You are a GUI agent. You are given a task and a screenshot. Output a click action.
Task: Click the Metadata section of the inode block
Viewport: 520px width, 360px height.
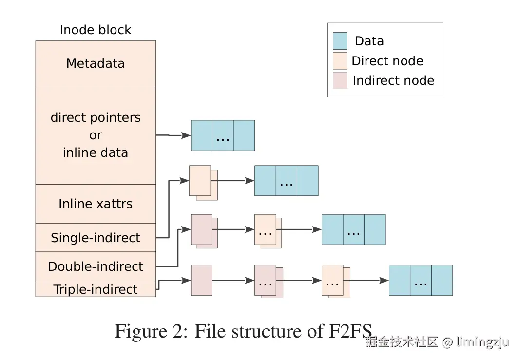click(x=96, y=63)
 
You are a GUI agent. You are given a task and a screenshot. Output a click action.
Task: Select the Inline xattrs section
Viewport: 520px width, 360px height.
click(x=96, y=204)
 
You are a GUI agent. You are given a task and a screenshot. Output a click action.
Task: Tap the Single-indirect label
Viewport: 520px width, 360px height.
click(x=96, y=238)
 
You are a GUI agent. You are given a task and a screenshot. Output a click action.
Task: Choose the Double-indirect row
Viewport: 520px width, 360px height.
click(x=96, y=266)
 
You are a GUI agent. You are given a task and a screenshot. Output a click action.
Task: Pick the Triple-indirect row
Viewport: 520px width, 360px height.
click(x=96, y=289)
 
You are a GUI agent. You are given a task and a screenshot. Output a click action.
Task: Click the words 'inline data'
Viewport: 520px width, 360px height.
click(x=96, y=152)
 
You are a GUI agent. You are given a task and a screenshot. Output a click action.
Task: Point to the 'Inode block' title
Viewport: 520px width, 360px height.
click(x=96, y=30)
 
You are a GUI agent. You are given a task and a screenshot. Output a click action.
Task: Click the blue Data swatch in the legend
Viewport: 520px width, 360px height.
click(x=340, y=41)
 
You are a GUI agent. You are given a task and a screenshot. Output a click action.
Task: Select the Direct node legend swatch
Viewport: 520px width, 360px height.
click(x=340, y=61)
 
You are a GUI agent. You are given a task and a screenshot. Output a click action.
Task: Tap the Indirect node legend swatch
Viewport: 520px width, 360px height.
click(x=340, y=80)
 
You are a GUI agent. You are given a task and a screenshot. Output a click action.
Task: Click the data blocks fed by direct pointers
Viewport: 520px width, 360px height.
click(x=223, y=135)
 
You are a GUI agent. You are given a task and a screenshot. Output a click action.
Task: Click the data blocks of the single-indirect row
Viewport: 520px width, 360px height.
click(x=287, y=181)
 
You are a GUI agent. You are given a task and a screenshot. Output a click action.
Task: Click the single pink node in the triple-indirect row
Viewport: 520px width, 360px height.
click(x=201, y=280)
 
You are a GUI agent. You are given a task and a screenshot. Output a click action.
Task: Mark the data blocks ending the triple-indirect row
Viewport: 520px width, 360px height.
click(x=421, y=280)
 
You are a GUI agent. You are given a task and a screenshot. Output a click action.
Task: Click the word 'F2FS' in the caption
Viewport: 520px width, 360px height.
click(x=347, y=331)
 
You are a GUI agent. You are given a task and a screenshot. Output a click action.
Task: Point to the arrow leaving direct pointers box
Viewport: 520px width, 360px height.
click(x=173, y=135)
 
